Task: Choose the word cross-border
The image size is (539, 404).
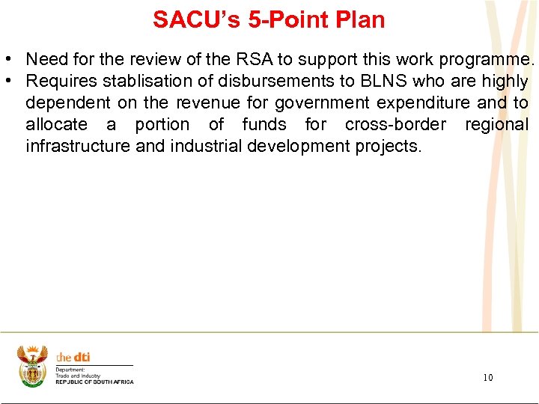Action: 395,124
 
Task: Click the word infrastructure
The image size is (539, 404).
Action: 77,146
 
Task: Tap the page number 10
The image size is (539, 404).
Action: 488,378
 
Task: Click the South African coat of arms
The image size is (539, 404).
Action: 32,366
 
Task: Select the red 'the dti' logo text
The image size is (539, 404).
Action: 73,358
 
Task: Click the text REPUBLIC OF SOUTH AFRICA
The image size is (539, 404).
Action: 94,382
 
